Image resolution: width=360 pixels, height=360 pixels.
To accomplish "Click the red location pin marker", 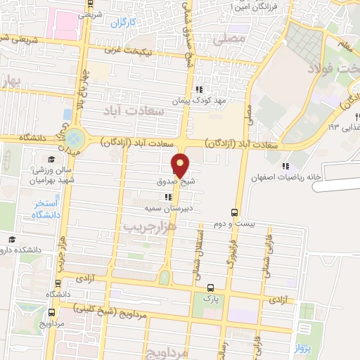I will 180,165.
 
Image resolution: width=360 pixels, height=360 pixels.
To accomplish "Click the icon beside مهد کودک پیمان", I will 199,89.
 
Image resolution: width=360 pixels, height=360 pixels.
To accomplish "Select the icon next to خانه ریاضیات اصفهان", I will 285,166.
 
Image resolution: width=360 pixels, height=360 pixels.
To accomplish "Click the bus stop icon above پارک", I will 210,287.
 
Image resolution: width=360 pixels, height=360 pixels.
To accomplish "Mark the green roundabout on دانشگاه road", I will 75,138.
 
